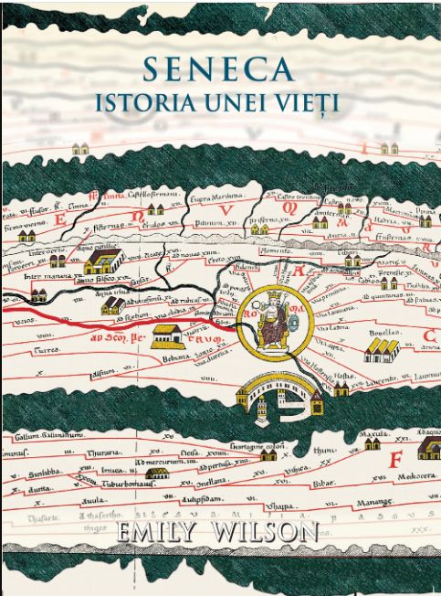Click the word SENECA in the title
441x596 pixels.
coord(220,70)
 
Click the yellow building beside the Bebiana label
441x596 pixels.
coord(166,335)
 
